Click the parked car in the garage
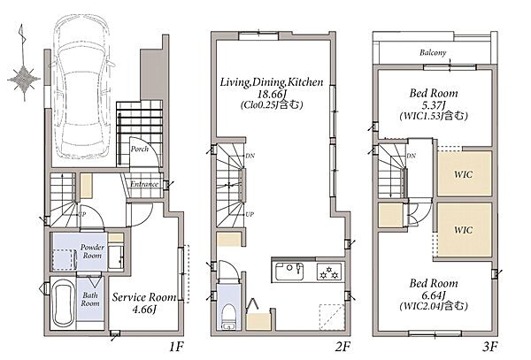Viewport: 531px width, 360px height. [x=82, y=88]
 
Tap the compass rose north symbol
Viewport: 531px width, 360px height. [x=23, y=64]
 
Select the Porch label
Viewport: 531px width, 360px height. [x=140, y=149]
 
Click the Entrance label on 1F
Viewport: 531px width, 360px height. [x=144, y=184]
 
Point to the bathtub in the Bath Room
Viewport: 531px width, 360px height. [x=64, y=304]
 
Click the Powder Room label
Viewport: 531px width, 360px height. [x=92, y=251]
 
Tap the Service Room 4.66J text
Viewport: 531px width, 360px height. [x=144, y=303]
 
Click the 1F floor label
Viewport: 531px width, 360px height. [x=176, y=347]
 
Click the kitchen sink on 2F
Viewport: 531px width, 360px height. [x=289, y=271]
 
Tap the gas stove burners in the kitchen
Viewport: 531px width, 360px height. [x=330, y=271]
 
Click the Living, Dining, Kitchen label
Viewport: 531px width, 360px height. [x=272, y=82]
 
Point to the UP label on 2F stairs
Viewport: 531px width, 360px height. [x=250, y=215]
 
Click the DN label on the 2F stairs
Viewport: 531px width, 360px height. [x=250, y=156]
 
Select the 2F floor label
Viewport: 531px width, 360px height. [x=342, y=347]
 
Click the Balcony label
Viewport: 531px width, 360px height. [x=433, y=52]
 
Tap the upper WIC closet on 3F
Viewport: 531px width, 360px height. [x=464, y=173]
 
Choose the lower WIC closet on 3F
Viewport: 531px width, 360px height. [x=464, y=230]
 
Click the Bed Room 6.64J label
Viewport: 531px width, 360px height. [x=434, y=295]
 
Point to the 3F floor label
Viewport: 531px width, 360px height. [x=490, y=347]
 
